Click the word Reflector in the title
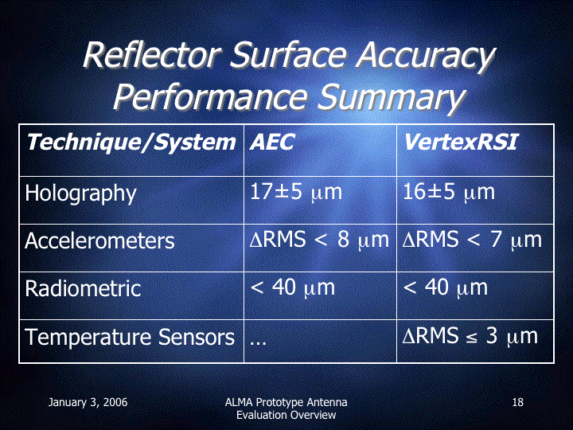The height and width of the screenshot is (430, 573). (151, 55)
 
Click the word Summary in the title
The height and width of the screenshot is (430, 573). (391, 97)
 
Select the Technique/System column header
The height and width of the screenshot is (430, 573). (131, 143)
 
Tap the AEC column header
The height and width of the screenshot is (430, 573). (272, 142)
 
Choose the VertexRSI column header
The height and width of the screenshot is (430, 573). (461, 142)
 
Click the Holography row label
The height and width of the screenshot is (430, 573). (80, 193)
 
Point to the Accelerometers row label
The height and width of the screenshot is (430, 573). (99, 241)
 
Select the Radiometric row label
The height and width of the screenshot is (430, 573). (83, 288)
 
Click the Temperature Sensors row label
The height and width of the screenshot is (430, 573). (130, 336)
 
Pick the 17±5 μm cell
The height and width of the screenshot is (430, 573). (295, 192)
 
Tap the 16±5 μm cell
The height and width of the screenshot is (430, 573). (448, 192)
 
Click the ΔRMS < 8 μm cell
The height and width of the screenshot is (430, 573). (319, 240)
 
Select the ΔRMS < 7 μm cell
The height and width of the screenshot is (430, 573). (472, 240)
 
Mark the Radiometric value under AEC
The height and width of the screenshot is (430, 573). (292, 287)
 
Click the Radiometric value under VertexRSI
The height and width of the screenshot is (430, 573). (445, 287)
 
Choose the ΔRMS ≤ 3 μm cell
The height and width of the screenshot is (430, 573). (470, 336)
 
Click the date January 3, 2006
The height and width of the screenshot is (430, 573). (88, 403)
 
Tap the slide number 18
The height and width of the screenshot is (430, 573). (517, 403)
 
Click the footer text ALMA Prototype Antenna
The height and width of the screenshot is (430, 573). (286, 403)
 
